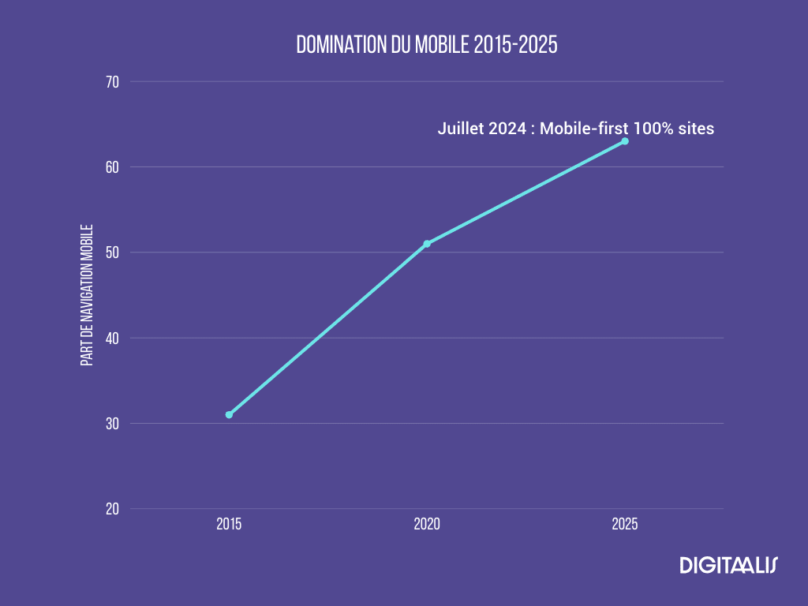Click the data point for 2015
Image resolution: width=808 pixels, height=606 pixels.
pos(229,414)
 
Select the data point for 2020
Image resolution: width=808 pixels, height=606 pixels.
pos(427,244)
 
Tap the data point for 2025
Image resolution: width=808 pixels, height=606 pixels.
pos(625,141)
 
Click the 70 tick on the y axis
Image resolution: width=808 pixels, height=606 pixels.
pos(111,82)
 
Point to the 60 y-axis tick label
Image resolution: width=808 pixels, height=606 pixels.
pos(111,167)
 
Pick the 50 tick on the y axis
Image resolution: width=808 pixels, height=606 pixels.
pos(111,252)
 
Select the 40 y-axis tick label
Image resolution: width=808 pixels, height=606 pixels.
pos(111,339)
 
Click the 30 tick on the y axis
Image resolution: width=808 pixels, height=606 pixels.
pos(111,424)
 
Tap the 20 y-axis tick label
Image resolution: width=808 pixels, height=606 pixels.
pos(111,509)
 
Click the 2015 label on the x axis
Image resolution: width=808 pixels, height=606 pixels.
pos(229,524)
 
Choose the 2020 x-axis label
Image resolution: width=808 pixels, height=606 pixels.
pos(427,524)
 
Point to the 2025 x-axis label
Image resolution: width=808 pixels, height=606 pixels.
pos(625,524)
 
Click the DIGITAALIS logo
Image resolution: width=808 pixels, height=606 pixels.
pos(728,565)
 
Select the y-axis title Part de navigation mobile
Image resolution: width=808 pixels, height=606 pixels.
pos(87,295)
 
